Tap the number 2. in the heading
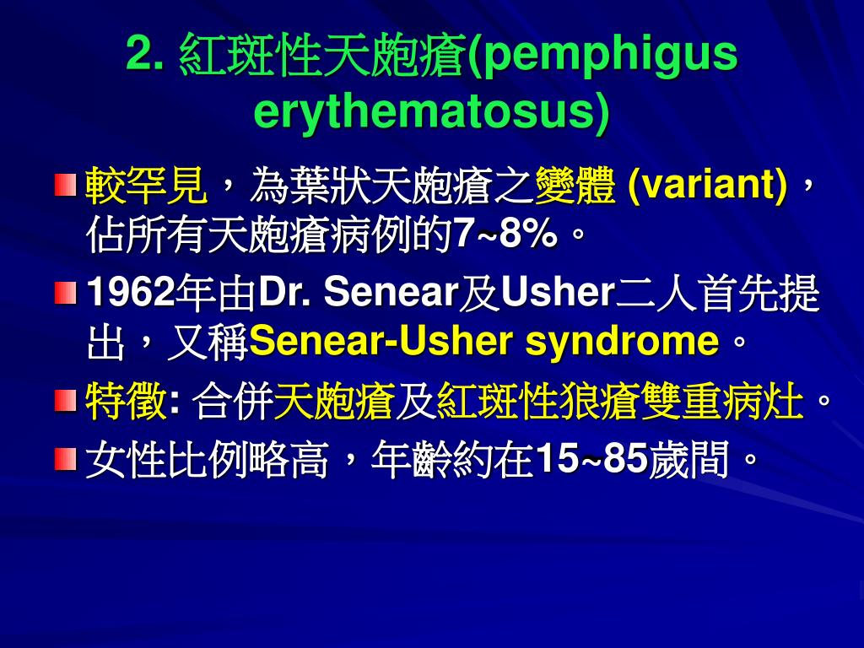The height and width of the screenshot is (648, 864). (x=144, y=56)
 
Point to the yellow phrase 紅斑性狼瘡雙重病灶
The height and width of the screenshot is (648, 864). (x=620, y=402)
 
